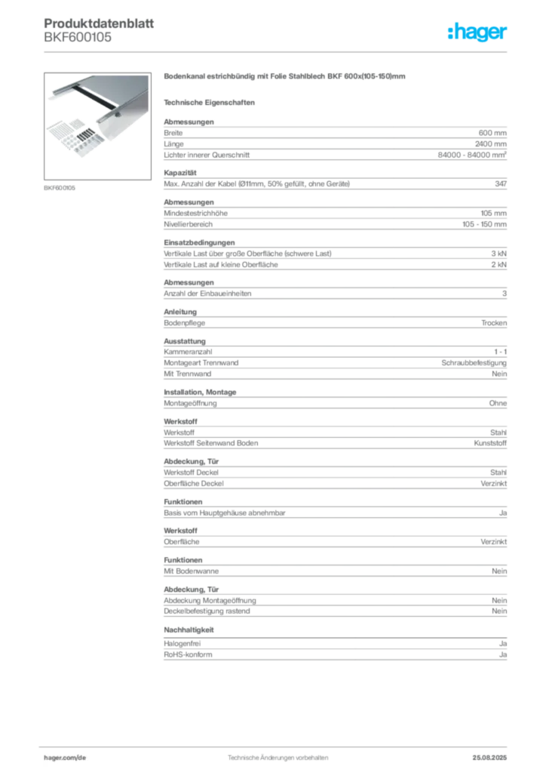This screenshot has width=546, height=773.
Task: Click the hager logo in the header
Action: click(477, 32)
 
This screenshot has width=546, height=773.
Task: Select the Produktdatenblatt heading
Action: click(99, 23)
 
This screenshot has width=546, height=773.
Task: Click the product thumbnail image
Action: click(97, 126)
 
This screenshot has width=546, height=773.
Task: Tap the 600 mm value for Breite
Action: click(492, 133)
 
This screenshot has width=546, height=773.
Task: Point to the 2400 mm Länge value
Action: click(490, 144)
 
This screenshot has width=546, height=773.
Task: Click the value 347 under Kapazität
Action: click(501, 183)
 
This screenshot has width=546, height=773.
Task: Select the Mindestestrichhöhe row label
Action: click(195, 213)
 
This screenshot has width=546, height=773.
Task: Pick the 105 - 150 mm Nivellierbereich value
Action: click(484, 223)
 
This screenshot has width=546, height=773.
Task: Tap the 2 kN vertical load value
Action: click(498, 264)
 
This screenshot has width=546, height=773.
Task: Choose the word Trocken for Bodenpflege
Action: click(494, 323)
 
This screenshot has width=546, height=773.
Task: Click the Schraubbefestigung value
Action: click(474, 363)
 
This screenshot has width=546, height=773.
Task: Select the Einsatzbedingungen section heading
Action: click(199, 242)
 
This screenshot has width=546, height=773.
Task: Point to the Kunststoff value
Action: click(490, 442)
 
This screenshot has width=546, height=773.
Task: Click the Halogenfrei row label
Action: click(183, 643)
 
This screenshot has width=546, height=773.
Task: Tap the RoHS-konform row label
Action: click(188, 654)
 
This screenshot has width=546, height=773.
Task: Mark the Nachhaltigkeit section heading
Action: click(189, 630)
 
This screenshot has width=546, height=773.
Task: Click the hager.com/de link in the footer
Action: click(65, 758)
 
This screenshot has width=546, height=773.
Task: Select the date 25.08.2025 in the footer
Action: click(489, 758)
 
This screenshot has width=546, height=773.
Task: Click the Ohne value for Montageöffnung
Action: click(498, 403)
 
